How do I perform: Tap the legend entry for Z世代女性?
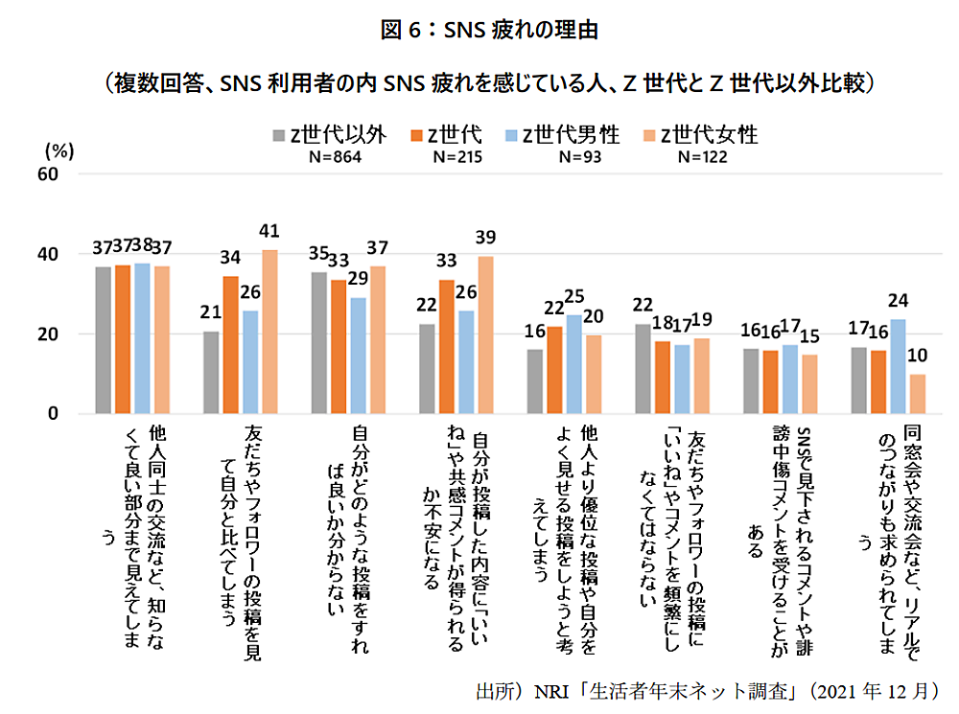pos(701,135)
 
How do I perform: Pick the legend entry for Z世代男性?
pos(571,135)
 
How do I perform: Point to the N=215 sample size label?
pos(456,157)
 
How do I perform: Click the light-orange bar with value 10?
pos(918,394)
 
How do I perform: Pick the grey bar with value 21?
pos(212,373)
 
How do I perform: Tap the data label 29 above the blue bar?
pos(357,279)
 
